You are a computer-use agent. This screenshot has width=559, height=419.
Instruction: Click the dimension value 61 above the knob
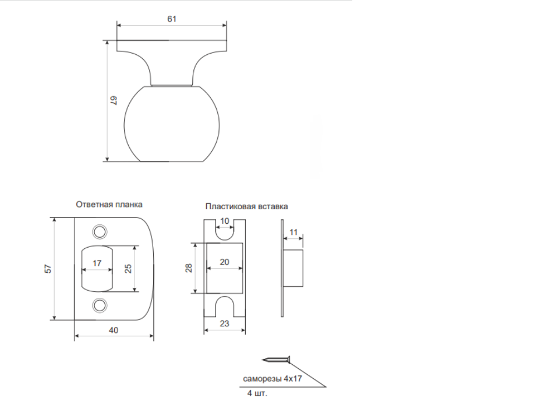[x=172, y=19]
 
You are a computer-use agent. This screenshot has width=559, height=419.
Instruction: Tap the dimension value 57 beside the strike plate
[x=48, y=269]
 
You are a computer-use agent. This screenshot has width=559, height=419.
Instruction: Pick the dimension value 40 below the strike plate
[x=114, y=330]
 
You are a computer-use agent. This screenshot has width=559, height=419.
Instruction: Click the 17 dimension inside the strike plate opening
[x=97, y=263]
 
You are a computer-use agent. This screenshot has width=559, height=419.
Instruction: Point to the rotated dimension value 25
[x=128, y=269]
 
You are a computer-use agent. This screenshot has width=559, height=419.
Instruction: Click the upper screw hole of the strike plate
[x=100, y=232]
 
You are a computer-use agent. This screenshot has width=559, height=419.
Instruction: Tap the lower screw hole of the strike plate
[x=100, y=305]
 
